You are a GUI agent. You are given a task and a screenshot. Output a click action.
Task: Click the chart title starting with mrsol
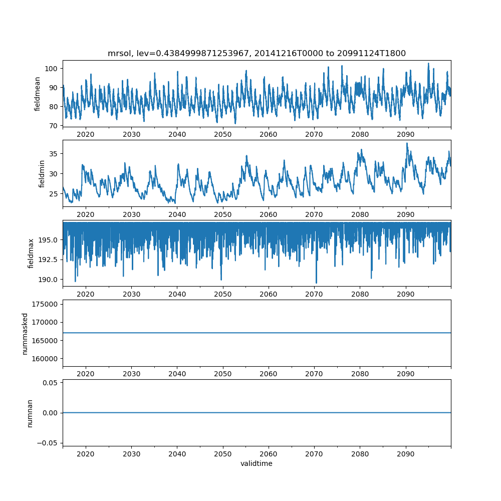pos(257,53)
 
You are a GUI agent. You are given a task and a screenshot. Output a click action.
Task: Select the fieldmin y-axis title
pos(42,174)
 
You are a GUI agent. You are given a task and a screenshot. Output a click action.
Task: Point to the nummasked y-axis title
pos(25,334)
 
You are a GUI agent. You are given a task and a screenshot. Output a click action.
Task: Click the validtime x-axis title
pos(257,463)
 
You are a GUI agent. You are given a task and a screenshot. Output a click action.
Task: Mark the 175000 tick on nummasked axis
pos(46,304)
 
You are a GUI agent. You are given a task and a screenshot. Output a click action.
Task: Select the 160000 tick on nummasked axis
pos(46,359)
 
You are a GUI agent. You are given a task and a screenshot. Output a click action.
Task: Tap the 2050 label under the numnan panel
pos(223,454)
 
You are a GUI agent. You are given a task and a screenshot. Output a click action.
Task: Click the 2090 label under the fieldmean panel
pos(405,134)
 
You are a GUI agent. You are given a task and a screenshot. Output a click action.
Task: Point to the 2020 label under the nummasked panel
pos(86,374)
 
